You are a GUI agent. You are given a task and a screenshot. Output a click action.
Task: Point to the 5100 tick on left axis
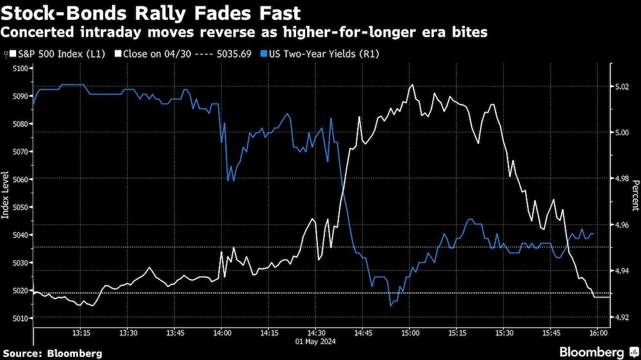[21, 69]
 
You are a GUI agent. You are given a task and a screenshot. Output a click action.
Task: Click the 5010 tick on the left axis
[21, 318]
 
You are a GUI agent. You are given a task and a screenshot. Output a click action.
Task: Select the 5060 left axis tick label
[21, 179]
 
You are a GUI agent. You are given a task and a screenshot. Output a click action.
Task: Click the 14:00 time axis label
[222, 333]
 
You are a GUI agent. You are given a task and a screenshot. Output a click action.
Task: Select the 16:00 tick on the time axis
[597, 333]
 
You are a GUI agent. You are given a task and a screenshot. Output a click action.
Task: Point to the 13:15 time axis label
[81, 333]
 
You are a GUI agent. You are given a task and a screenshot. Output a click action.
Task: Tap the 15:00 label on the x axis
[410, 333]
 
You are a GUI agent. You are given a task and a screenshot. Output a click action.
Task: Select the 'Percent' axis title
[635, 195]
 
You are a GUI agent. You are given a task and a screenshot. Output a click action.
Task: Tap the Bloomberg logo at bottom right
[597, 352]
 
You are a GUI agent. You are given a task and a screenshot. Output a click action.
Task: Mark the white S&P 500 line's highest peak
[412, 85]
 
